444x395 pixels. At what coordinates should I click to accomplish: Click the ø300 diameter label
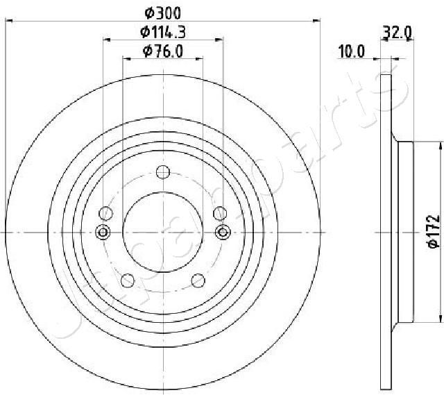[x=162, y=12]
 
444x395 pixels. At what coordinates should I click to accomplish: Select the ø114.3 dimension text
[x=162, y=31]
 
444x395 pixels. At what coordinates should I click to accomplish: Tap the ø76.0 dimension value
[x=162, y=51]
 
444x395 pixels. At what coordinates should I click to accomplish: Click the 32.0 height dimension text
[x=398, y=31]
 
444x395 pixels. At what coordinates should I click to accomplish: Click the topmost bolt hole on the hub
[x=162, y=172]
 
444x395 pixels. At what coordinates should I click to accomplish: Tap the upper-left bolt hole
[x=106, y=213]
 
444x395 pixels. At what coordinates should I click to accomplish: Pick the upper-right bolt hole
[x=219, y=213]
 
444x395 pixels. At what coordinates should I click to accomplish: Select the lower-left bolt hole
[x=128, y=280]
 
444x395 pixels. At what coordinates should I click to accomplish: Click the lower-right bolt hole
[x=198, y=280]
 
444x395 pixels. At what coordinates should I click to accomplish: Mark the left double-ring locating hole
[x=103, y=232]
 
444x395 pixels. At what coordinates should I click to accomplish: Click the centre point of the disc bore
[x=162, y=232]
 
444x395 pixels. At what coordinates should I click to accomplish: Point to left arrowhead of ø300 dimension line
[x=8, y=22]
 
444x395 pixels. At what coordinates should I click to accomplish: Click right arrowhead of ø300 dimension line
[x=318, y=22]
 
